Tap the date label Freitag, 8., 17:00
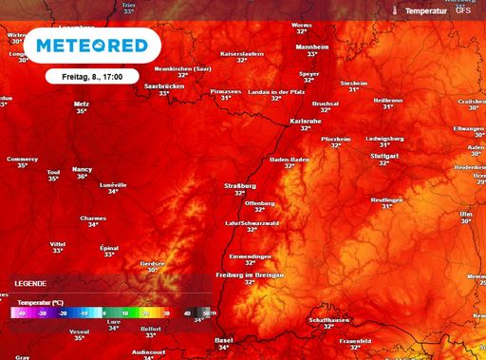tap(91, 75)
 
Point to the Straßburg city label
tap(239, 185)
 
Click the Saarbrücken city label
tap(164, 85)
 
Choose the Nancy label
tap(82, 168)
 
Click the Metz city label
tap(81, 103)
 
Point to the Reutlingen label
tap(386, 199)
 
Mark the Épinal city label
tap(109, 247)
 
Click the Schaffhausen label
tap(328, 319)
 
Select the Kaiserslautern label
tap(241, 54)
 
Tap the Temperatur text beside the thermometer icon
tap(426, 9)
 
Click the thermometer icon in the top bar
tap(395, 9)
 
